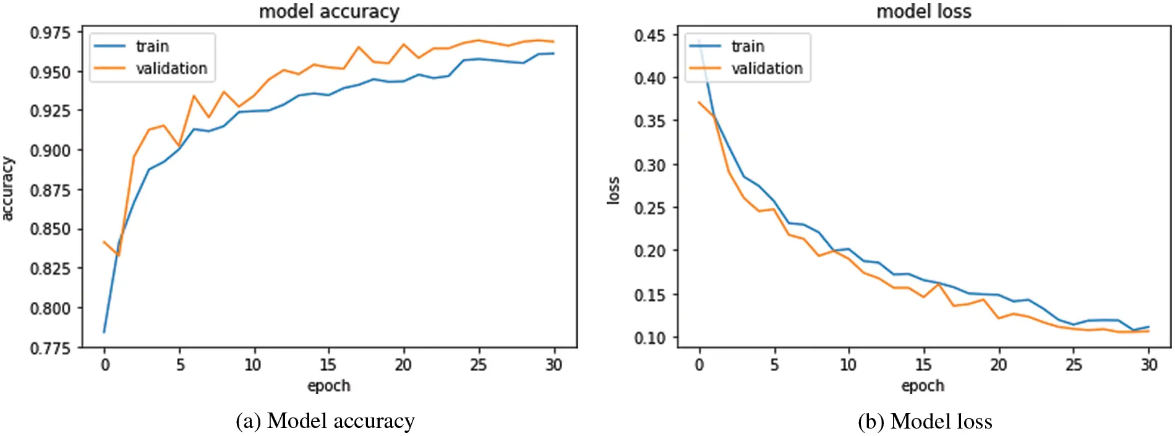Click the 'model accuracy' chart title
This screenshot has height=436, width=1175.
(x=329, y=12)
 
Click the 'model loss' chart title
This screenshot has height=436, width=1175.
(x=924, y=12)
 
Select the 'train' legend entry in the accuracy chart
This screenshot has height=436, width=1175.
(x=152, y=46)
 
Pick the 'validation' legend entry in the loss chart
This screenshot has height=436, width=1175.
(x=766, y=69)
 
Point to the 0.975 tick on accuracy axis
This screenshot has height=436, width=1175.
(x=51, y=32)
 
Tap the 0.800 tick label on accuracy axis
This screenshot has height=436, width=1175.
(x=51, y=308)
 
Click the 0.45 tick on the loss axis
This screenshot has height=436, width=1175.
(x=650, y=35)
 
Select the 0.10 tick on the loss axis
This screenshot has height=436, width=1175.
(x=650, y=338)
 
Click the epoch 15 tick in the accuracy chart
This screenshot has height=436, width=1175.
(x=328, y=365)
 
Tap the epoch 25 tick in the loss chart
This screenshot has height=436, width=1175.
(x=1074, y=365)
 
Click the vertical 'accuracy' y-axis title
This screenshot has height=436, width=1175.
(x=7, y=189)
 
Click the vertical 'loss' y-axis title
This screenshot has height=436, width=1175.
(x=613, y=190)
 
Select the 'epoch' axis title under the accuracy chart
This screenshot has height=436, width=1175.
(x=329, y=386)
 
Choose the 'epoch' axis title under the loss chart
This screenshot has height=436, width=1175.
(x=923, y=386)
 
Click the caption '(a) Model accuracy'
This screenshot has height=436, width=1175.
(x=325, y=421)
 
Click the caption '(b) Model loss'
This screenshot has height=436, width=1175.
(x=925, y=421)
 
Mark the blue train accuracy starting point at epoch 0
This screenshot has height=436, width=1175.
(x=104, y=332)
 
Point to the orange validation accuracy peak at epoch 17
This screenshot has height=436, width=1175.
(x=358, y=47)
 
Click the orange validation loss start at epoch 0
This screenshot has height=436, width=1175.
(x=699, y=102)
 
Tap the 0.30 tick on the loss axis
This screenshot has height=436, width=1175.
(x=650, y=165)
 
